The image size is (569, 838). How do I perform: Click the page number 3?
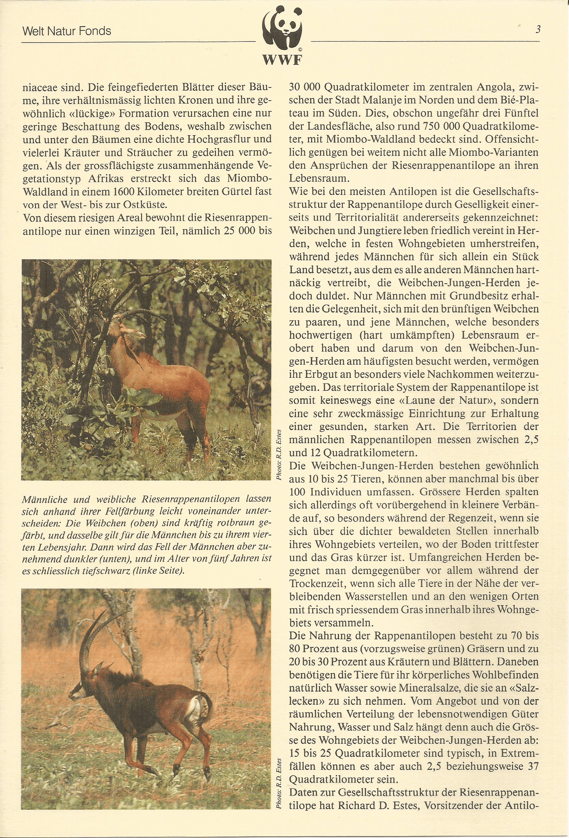click(538, 29)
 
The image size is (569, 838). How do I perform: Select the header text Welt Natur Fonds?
click(67, 31)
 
